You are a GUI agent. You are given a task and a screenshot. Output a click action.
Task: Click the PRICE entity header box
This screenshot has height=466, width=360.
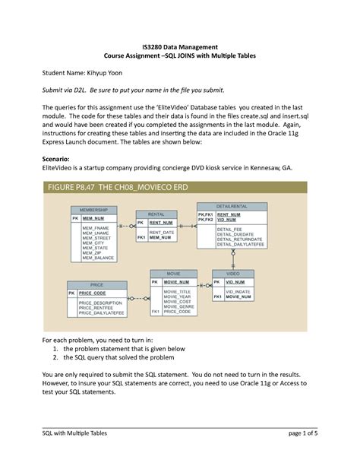(96, 284)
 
